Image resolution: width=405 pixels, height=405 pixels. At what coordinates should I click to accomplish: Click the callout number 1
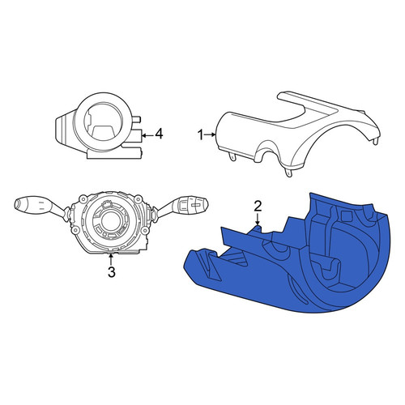click(200, 134)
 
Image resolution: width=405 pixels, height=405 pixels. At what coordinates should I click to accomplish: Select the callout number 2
click(258, 207)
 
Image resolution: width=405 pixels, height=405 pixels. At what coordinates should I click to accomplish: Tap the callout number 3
click(112, 272)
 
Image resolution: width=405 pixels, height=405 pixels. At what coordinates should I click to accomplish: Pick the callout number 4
click(159, 134)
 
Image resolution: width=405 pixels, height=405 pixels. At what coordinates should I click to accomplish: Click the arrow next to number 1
click(210, 134)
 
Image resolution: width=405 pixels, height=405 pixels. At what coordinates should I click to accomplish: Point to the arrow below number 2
click(258, 220)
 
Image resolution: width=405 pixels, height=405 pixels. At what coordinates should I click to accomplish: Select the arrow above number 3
click(110, 258)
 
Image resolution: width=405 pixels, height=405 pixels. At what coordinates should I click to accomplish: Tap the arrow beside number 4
click(147, 135)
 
